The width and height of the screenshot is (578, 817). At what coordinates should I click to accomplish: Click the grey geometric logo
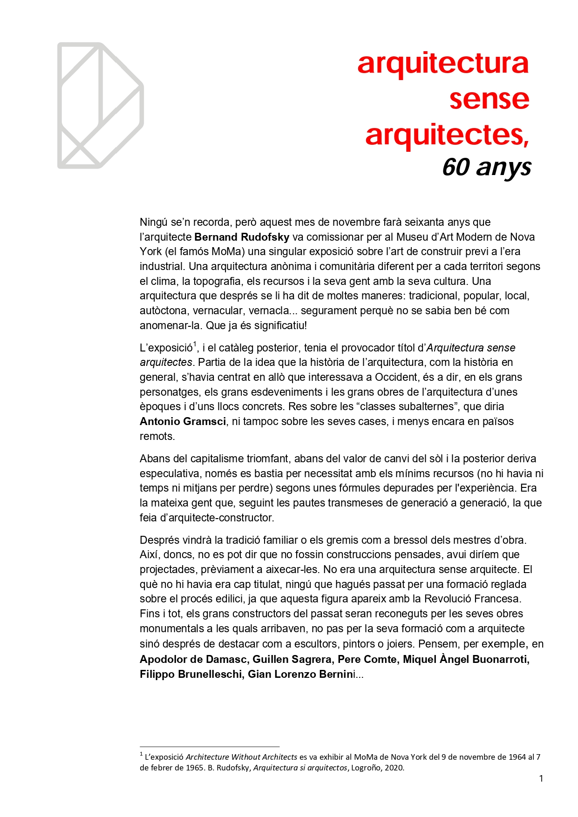[x=100, y=106]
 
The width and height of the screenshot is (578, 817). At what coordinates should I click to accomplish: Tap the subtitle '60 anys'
[x=486, y=167]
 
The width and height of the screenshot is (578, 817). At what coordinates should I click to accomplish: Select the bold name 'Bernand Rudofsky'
[x=242, y=237]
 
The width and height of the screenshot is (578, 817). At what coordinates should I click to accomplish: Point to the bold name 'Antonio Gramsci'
[x=183, y=422]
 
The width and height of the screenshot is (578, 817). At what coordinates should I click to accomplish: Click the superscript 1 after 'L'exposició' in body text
[x=195, y=344]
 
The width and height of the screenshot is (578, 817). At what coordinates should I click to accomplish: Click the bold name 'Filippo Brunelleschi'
[x=190, y=674]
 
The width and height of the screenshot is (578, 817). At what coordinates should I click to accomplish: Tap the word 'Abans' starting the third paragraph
[x=154, y=459]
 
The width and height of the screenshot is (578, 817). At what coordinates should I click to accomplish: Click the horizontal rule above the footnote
[x=209, y=747]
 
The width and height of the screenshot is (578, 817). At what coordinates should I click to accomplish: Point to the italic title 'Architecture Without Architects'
[x=241, y=757]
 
